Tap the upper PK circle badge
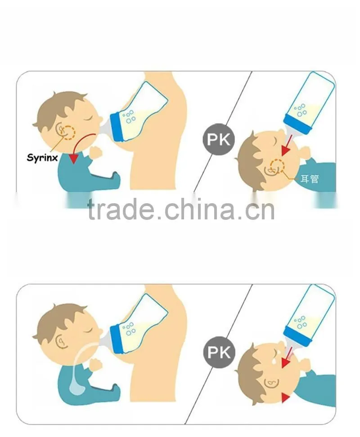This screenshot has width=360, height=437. [219, 139]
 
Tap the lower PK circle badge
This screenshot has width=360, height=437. [219, 352]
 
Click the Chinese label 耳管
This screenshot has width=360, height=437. [310, 178]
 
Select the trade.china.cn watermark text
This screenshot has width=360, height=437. [181, 209]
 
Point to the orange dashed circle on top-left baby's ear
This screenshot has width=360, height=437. [68, 132]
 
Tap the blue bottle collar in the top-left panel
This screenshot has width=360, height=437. [117, 127]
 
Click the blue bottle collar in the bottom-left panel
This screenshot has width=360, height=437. [117, 339]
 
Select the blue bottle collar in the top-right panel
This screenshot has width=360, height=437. [297, 125]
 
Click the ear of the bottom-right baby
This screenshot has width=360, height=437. [271, 383]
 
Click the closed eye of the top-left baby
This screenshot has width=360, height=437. [89, 118]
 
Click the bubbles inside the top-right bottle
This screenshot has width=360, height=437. [300, 110]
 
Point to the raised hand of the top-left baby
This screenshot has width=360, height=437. [96, 153]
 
